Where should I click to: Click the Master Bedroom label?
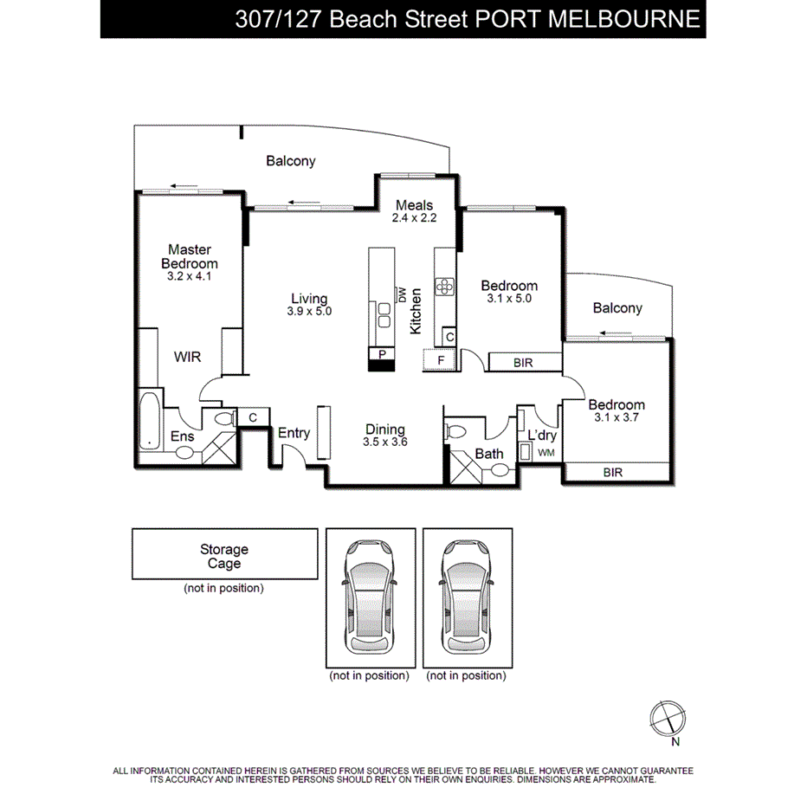190,256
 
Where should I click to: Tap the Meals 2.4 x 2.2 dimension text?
414,218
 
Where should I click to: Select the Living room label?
309,299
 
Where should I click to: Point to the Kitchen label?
416,311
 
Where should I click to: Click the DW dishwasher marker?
402,294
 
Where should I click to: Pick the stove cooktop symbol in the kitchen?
445,285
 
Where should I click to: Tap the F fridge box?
440,359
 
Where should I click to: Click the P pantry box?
380,353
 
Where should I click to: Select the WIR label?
188,357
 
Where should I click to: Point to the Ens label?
182,436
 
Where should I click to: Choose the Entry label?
294,434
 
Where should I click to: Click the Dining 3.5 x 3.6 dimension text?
384,442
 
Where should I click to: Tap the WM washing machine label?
546,453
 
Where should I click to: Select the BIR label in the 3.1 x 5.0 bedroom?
523,363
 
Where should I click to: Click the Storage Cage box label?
224,556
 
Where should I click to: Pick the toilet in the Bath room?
456,430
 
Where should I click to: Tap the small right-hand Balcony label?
617,308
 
